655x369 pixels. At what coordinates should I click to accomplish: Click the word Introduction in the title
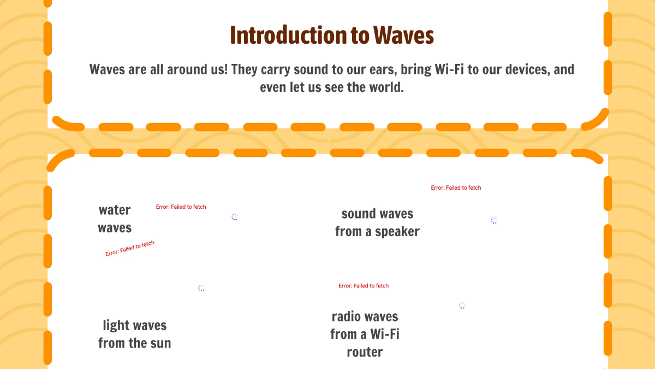tap(281, 36)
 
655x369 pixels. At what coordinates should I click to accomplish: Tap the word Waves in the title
tap(403, 36)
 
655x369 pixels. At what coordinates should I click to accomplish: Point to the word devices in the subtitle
tap(517, 70)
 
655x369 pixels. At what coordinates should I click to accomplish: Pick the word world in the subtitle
tap(385, 87)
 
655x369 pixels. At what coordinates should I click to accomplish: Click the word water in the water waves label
tap(115, 210)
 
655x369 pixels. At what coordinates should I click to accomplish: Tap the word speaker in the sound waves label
tap(397, 232)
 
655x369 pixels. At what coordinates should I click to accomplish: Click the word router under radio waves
tap(365, 352)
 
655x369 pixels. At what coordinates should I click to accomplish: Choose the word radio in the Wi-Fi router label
tap(348, 317)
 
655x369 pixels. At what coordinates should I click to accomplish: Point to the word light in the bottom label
tap(116, 326)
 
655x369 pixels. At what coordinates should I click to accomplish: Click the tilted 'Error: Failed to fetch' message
tap(130, 249)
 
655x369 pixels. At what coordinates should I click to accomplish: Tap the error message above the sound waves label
tap(456, 188)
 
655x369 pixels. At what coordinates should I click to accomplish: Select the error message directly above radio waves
tap(364, 286)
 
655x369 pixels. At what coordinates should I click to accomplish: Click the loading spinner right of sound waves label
tap(494, 220)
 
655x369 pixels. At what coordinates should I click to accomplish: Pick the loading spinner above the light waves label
tap(201, 288)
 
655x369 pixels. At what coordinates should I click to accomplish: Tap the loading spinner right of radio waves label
tap(462, 306)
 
